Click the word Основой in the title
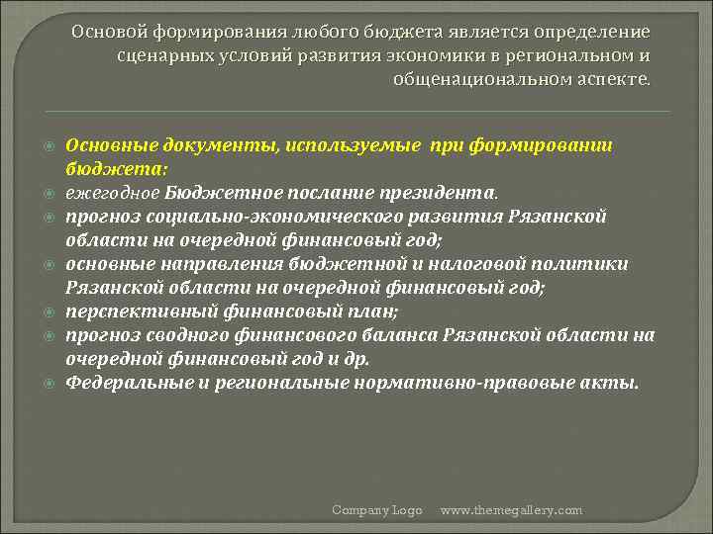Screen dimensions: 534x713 [105, 32]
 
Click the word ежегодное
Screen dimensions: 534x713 [112, 193]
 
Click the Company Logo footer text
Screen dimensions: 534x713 [376, 510]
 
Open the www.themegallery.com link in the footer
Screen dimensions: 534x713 [511, 510]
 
